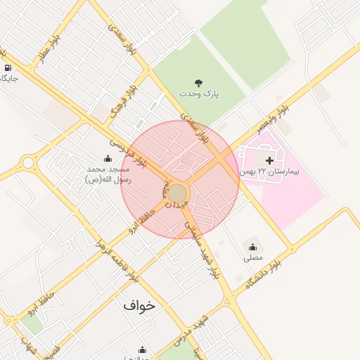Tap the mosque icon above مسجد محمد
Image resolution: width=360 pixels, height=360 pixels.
(x=108, y=158)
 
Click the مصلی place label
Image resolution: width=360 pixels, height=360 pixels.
(x=252, y=258)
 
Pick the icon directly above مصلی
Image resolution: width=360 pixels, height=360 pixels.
(x=252, y=247)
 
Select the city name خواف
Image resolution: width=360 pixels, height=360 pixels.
(x=139, y=306)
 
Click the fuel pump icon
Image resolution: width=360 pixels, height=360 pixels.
(x=8, y=67)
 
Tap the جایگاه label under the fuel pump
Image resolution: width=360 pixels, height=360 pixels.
(x=8, y=78)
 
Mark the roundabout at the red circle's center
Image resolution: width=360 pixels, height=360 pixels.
(x=178, y=193)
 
